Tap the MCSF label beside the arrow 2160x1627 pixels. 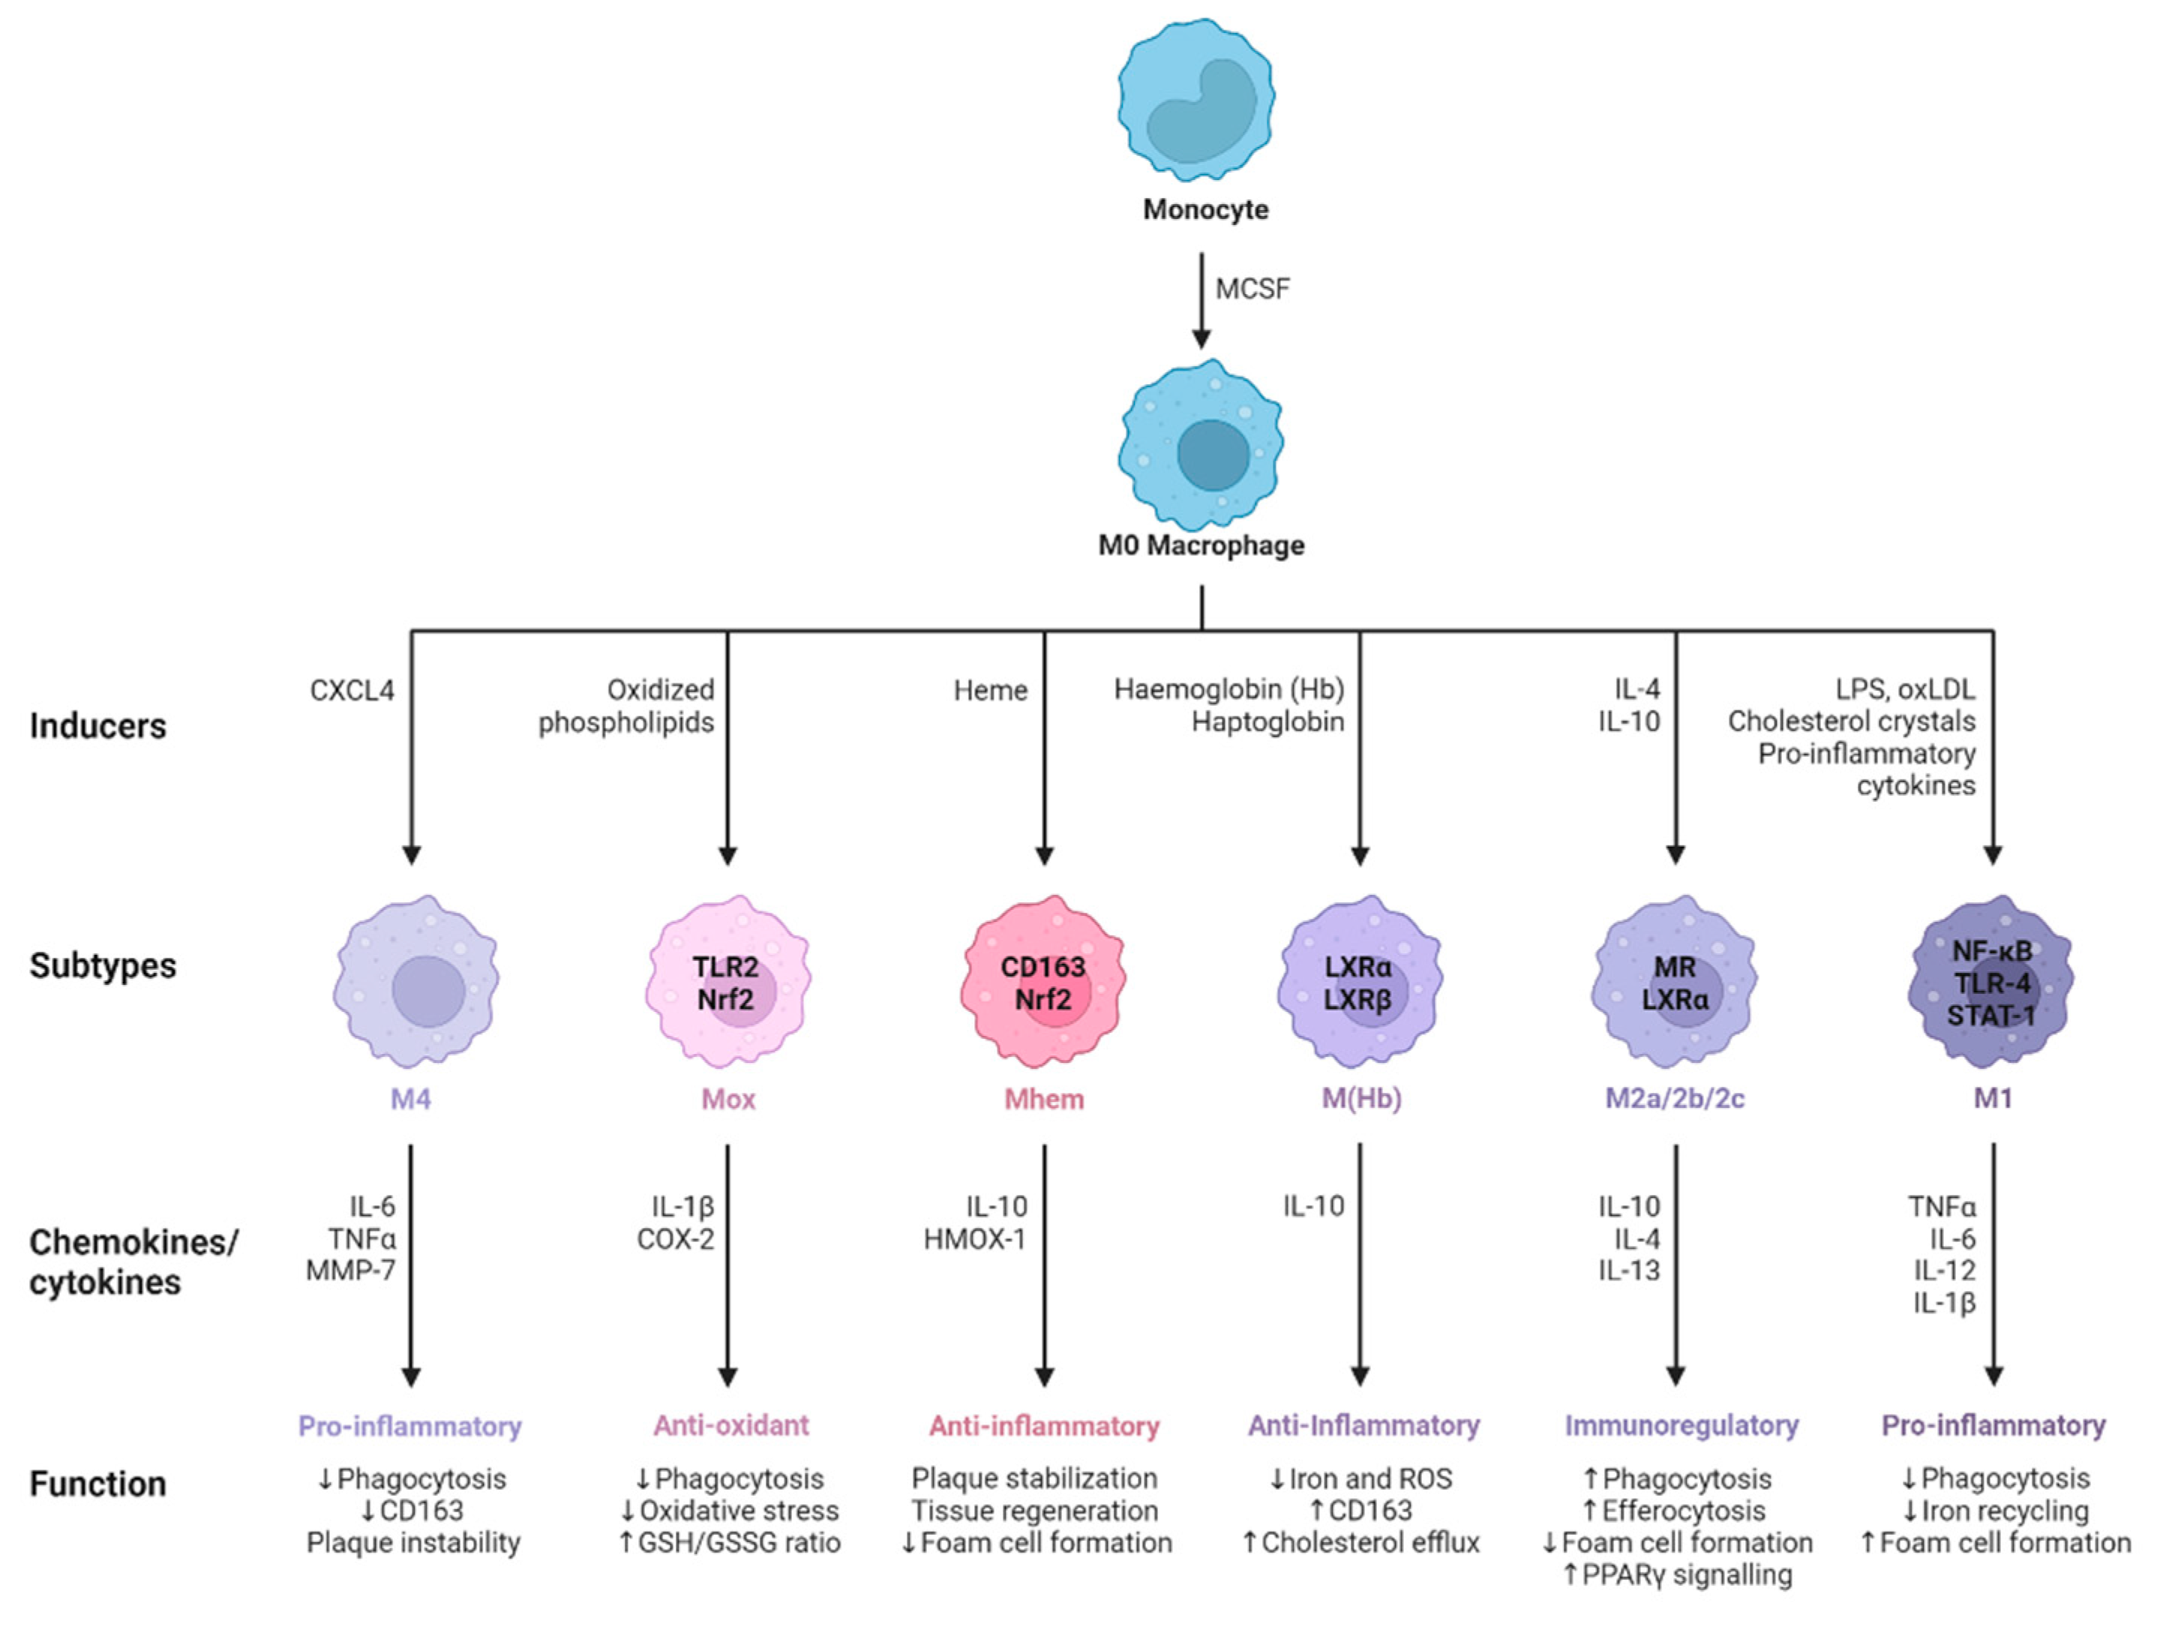click(1252, 289)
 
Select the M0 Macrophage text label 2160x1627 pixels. click(1201, 545)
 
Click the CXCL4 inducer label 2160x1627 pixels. click(352, 690)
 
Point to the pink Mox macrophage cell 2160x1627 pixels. click(727, 981)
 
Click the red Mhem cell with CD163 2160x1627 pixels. click(1043, 981)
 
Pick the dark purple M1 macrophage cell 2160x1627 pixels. click(1992, 981)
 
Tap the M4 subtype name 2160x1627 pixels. click(410, 1100)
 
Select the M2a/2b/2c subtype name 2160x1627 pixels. click(1675, 1100)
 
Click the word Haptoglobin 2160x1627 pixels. click(1267, 722)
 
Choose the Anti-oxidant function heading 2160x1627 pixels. click(731, 1426)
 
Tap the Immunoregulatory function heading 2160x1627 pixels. click(1681, 1426)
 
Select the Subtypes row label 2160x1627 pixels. click(103, 966)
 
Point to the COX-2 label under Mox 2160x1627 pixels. click(676, 1239)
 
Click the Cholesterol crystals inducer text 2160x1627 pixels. click(1852, 722)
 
